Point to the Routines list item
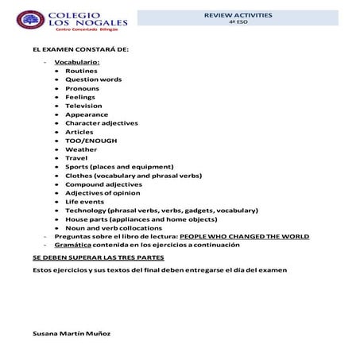(81, 70)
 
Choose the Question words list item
(93, 79)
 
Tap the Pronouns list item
(82, 87)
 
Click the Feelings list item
(80, 96)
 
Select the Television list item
(83, 105)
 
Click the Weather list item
(81, 149)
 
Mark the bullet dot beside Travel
(57, 157)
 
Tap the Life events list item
(85, 201)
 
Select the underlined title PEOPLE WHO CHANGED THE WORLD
(244, 236)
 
